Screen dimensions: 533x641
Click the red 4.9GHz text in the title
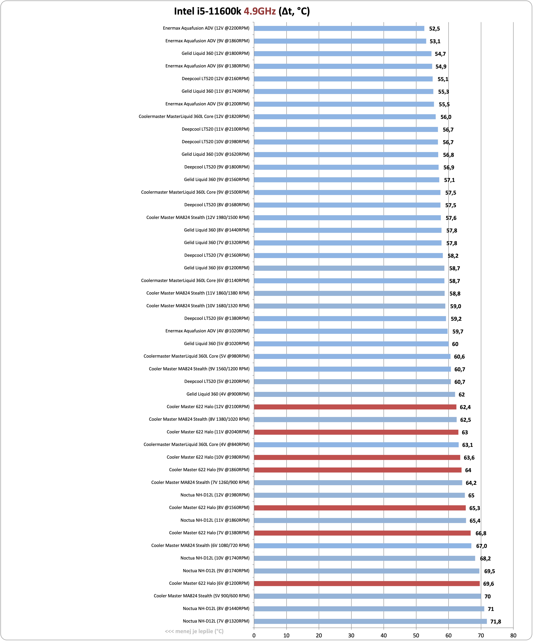pos(260,11)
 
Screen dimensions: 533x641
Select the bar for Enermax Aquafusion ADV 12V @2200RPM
pos(339,28)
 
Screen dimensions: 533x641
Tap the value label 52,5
pos(435,29)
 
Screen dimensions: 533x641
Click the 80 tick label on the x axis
pos(513,635)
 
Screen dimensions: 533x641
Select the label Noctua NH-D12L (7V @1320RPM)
pos(216,621)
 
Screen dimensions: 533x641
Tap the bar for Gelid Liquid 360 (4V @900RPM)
pos(354,394)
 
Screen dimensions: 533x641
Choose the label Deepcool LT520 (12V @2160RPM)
pos(216,79)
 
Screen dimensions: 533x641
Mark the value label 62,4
pos(465,407)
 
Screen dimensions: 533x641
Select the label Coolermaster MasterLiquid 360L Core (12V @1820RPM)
pos(194,117)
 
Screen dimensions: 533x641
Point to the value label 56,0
pos(446,117)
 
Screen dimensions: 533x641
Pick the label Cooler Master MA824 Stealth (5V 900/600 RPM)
pos(202,596)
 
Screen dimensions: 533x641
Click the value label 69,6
pos(489,584)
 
